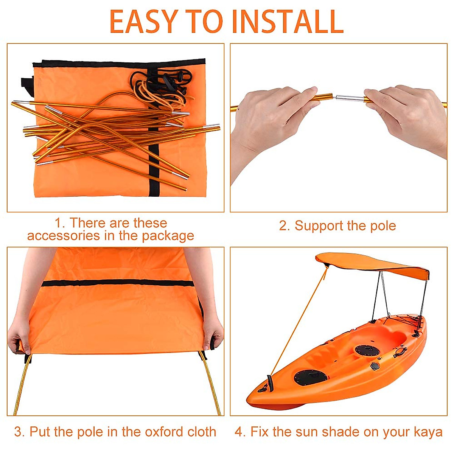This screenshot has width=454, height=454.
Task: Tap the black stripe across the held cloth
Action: (x=117, y=283)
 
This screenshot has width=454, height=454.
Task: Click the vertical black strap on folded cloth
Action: (x=153, y=159)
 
